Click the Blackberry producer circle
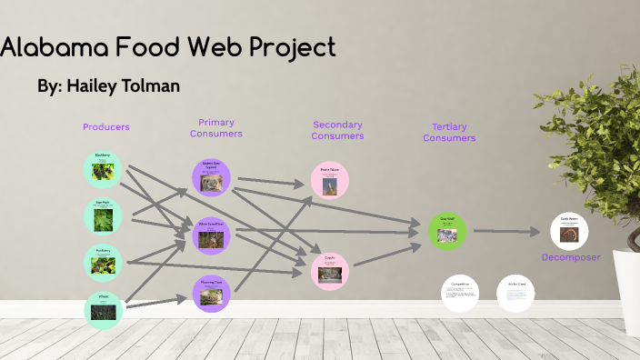102,168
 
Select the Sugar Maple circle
102,215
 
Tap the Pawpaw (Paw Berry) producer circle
102,263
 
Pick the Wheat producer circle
102,310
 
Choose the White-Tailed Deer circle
211,235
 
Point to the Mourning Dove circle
211,294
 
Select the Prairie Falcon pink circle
329,180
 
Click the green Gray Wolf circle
447,230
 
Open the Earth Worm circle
569,231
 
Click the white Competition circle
460,293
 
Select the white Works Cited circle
515,293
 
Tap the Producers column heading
105,127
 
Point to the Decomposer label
571,257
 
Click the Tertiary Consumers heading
449,132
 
